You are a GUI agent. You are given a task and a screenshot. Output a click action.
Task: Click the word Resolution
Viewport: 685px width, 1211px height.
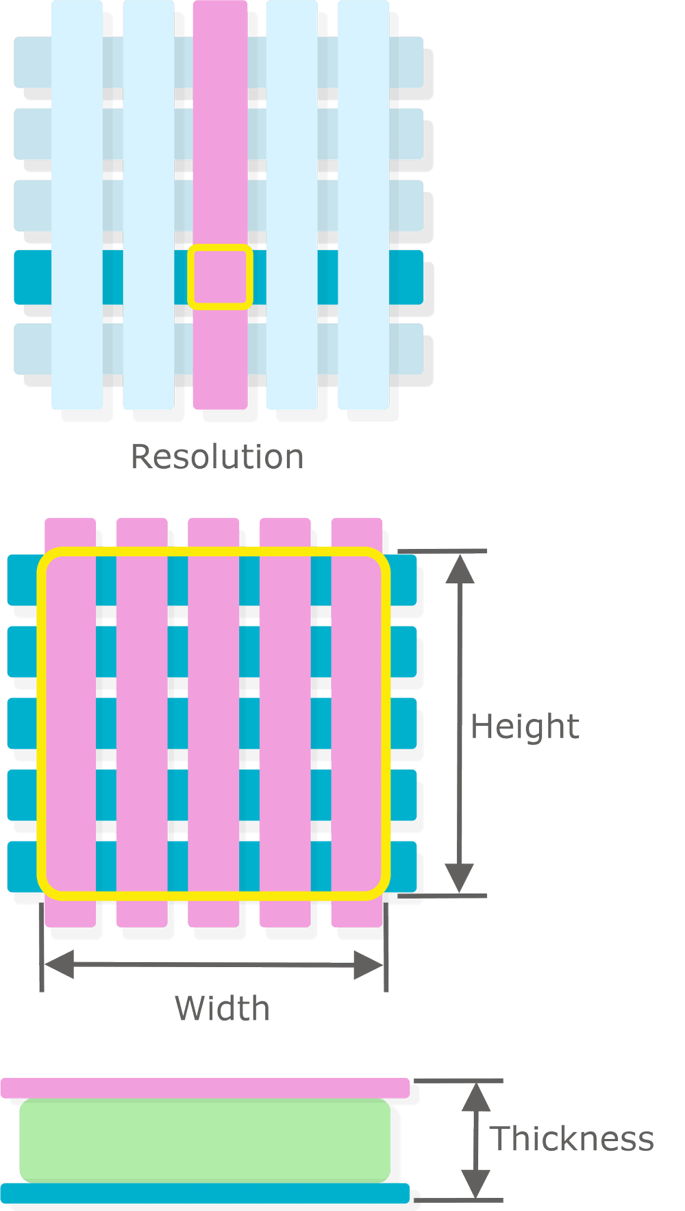217,456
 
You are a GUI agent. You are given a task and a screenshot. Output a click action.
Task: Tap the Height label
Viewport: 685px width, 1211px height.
525,726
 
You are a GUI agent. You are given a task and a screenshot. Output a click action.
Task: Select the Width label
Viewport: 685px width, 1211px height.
222,1008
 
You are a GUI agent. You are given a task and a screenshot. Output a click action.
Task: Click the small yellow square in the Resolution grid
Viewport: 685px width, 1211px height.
220,277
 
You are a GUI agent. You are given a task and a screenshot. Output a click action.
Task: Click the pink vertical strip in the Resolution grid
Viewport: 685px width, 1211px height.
220,137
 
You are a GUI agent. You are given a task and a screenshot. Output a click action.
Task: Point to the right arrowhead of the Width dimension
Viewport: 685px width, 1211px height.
368,964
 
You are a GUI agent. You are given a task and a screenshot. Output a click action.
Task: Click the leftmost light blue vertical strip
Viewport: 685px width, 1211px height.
77,206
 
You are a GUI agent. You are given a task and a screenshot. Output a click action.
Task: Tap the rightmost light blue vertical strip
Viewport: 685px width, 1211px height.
364,206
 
